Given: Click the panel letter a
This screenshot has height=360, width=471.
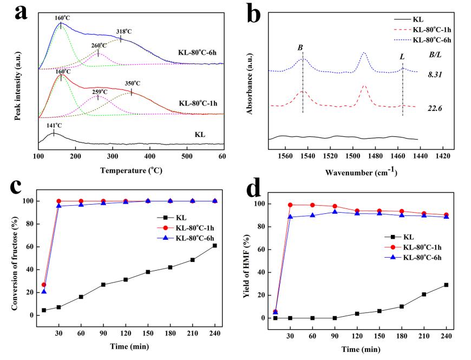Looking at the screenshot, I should [x=21, y=12].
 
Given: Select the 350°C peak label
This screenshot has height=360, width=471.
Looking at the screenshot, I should [x=133, y=83].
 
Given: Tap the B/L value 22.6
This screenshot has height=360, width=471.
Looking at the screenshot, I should [x=435, y=108].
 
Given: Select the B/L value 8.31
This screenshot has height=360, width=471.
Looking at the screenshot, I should [x=435, y=74].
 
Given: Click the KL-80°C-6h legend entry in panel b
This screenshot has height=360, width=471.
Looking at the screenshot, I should [x=431, y=40].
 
